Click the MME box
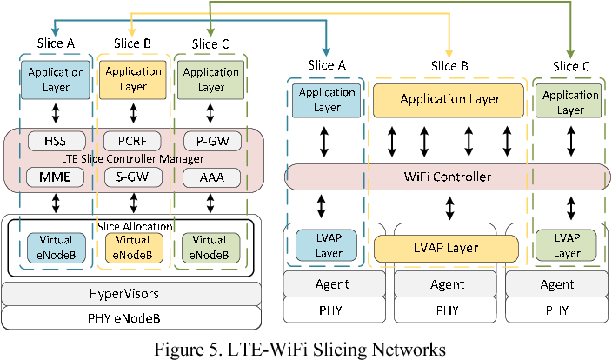coord(56,177)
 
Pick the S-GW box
coord(133,177)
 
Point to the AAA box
coord(210,177)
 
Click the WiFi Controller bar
coord(447,177)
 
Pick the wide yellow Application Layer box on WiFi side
coord(449,100)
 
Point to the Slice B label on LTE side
coord(133,43)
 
